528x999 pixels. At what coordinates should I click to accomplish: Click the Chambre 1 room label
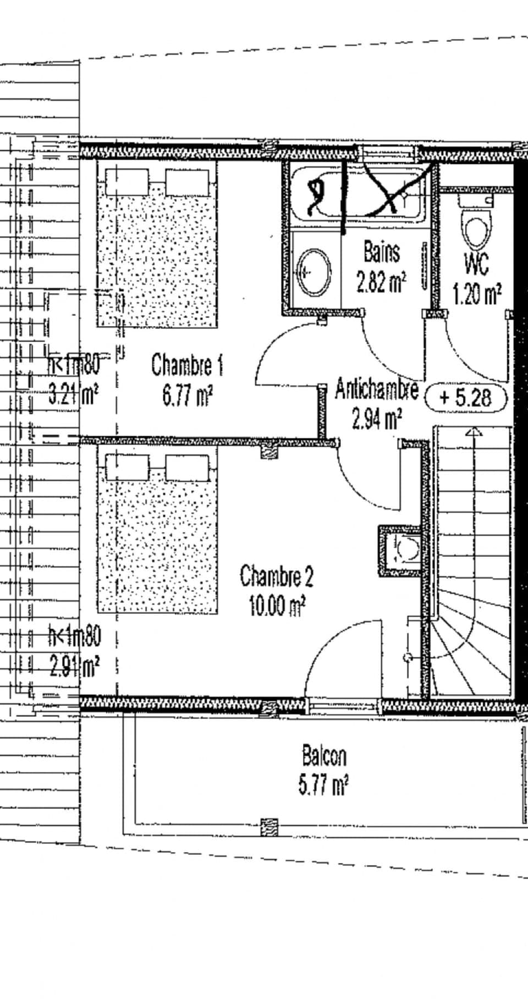click(x=187, y=365)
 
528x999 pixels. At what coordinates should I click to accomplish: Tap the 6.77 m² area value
click(x=188, y=396)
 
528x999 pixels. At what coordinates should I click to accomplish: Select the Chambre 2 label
click(x=276, y=577)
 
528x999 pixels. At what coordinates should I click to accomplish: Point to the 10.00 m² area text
click(x=277, y=606)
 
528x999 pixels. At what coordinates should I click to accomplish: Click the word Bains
click(x=381, y=253)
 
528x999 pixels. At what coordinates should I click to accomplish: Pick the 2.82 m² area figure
click(x=381, y=283)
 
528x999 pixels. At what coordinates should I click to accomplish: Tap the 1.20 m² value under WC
click(x=476, y=295)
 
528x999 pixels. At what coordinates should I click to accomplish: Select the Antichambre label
click(x=377, y=390)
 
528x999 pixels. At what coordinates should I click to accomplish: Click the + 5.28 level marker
click(x=465, y=397)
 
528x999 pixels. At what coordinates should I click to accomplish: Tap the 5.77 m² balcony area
click(x=323, y=785)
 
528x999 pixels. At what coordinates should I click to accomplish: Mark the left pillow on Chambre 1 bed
click(x=127, y=182)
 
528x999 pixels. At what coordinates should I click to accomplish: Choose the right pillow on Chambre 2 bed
click(x=187, y=468)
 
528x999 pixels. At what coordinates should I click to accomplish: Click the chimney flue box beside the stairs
click(x=400, y=550)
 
